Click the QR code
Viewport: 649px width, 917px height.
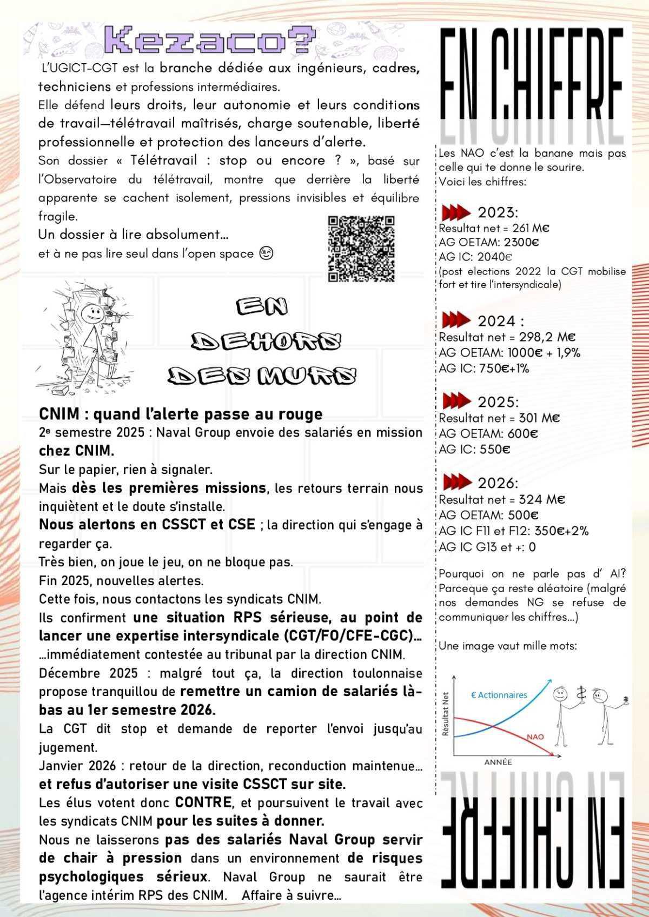361,249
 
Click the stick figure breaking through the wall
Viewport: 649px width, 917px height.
89,335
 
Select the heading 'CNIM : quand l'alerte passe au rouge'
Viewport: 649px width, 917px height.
181,414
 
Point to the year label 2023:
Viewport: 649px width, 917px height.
498,212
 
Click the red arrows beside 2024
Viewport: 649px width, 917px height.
456,320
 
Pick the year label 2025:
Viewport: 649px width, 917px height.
498,402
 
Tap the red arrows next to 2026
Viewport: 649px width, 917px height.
456,481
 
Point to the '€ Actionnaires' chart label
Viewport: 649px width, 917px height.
499,695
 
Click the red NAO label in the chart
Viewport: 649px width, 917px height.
535,737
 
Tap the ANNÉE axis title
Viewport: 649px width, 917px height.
498,762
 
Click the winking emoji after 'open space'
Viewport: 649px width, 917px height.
266,253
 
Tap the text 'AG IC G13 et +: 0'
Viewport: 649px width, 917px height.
487,547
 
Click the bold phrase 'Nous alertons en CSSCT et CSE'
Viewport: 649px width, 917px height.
147,524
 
